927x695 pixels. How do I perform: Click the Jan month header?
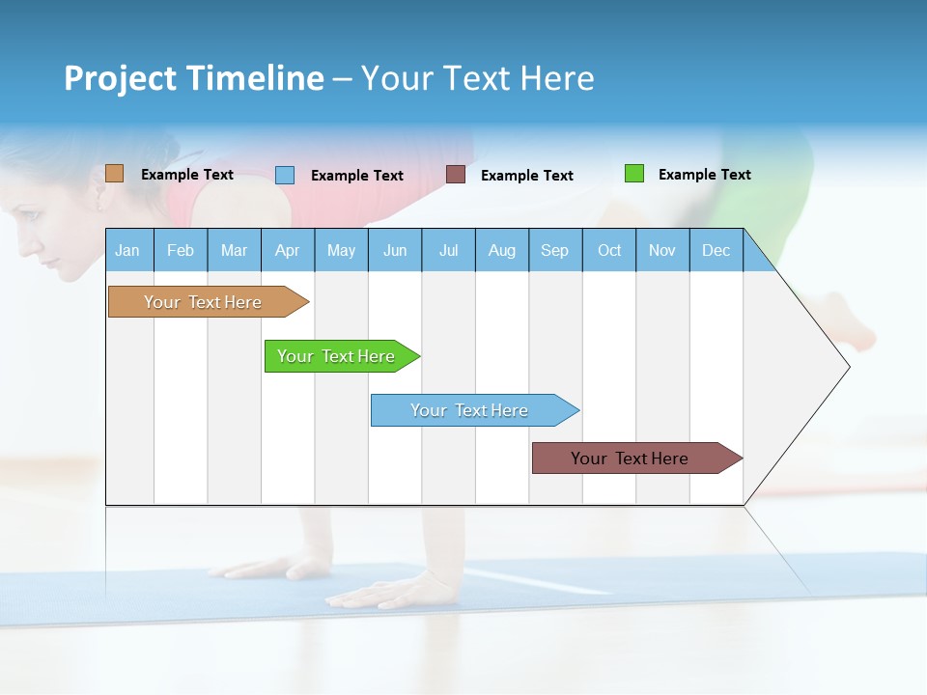click(127, 250)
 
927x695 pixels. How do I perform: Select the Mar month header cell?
click(234, 250)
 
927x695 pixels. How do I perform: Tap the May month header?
click(341, 250)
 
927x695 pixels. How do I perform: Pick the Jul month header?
click(448, 250)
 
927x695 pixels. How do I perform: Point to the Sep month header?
click(554, 250)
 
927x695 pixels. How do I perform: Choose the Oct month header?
click(609, 250)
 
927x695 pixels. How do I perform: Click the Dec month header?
click(716, 250)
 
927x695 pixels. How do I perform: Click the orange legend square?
click(114, 174)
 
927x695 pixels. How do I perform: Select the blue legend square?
click(285, 175)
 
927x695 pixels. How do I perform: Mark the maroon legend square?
click(456, 175)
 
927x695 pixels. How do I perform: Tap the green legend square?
click(633, 174)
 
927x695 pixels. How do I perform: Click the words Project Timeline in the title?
click(193, 78)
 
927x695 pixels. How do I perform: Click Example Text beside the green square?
click(704, 175)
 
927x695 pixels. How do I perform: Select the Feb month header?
click(181, 250)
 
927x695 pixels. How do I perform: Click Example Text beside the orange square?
click(186, 175)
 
